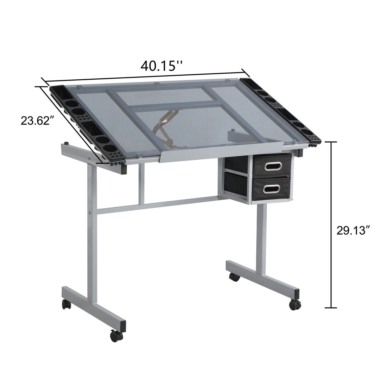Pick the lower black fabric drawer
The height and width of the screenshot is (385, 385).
[x=271, y=189]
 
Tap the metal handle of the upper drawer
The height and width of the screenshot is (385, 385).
[x=271, y=167]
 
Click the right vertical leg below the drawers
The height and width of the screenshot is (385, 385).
[x=260, y=240]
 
